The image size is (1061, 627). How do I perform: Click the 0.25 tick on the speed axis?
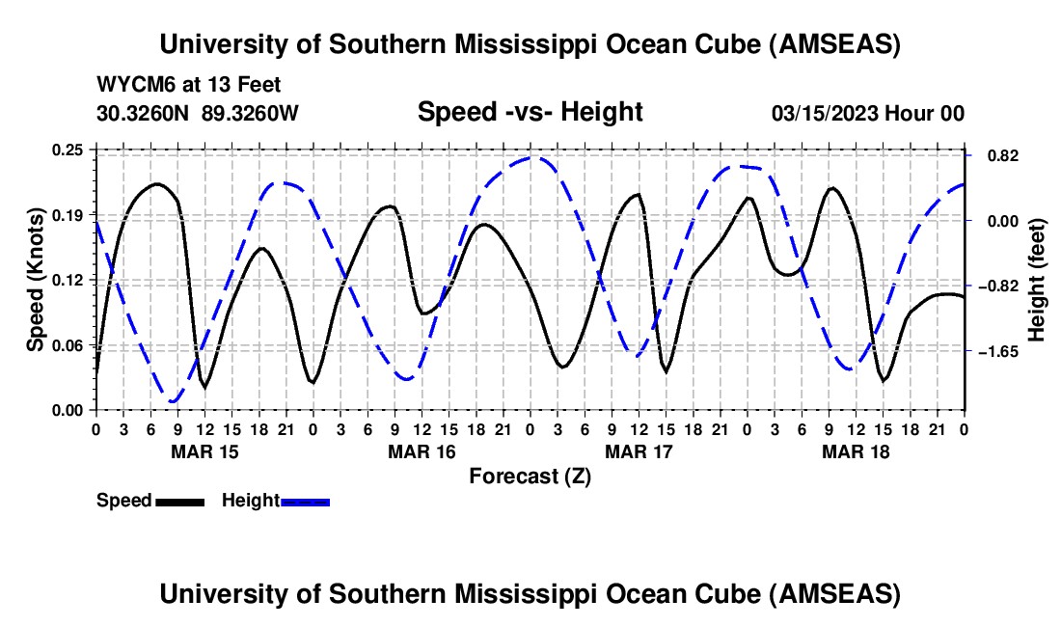click(x=68, y=150)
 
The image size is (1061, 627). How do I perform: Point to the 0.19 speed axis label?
click(x=68, y=214)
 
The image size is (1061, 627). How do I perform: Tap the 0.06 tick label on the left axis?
click(x=68, y=344)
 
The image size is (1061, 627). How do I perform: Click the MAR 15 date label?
click(x=204, y=450)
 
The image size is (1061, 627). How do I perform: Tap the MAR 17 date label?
click(x=638, y=450)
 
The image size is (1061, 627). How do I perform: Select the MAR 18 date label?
click(x=855, y=450)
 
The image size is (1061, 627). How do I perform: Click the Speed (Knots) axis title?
click(x=35, y=280)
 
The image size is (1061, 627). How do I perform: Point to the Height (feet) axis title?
click(x=1037, y=280)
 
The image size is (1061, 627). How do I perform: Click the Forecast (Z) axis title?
click(x=530, y=476)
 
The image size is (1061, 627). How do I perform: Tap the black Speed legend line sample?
click(x=179, y=502)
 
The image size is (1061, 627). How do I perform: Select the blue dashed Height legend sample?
click(x=305, y=502)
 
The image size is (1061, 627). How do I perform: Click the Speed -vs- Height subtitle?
click(x=530, y=113)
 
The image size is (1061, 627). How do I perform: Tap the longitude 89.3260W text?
click(x=250, y=114)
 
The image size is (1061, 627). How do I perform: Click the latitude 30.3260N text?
click(x=145, y=114)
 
